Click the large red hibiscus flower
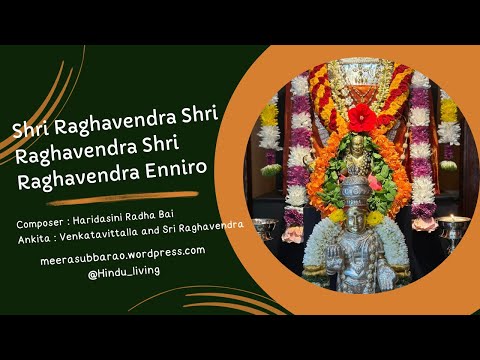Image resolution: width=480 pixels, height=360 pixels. click(x=361, y=118)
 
